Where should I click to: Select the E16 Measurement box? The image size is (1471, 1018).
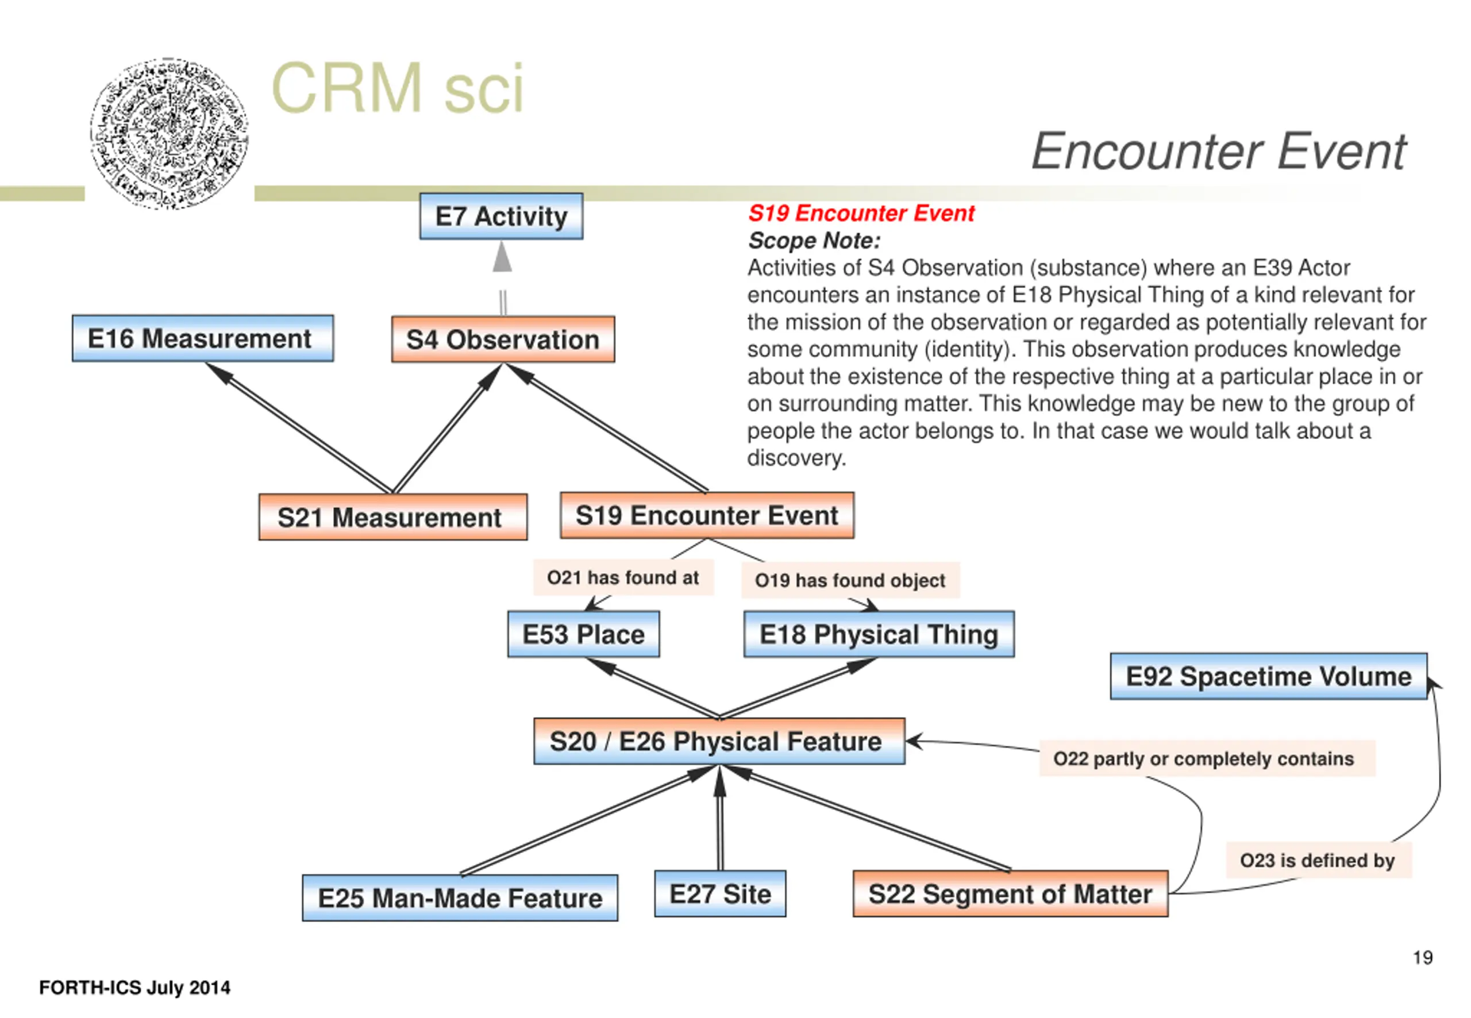point(202,338)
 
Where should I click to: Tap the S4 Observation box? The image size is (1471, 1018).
point(503,340)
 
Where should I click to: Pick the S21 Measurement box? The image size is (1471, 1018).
point(392,516)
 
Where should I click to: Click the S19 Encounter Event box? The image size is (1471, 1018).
point(707,515)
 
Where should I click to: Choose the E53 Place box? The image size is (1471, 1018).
point(583,634)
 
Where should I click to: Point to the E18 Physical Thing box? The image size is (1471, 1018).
point(879,634)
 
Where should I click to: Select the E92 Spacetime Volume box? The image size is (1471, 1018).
point(1268,676)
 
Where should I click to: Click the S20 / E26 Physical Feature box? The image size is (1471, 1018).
point(719,741)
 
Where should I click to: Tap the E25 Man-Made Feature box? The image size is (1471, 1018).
point(459,897)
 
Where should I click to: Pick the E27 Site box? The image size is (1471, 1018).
point(719,893)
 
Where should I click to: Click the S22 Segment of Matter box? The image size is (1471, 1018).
point(1010,893)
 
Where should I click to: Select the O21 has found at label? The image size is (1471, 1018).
point(623,577)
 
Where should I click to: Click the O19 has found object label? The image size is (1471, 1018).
point(850,580)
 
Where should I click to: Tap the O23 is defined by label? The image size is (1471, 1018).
point(1318,860)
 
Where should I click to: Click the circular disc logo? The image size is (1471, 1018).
point(169,133)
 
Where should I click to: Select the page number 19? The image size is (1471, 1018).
point(1423,958)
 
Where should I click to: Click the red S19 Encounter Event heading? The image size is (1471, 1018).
point(861,213)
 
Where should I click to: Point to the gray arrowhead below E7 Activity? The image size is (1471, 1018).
point(503,257)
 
